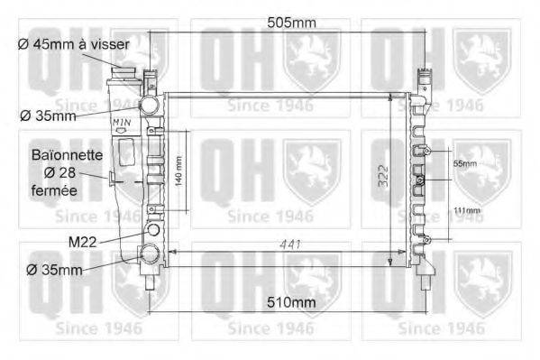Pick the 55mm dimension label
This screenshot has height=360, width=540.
[x=465, y=163]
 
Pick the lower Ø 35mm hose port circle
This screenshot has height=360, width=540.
[x=148, y=254]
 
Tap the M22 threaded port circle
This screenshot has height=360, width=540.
[x=151, y=230]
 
